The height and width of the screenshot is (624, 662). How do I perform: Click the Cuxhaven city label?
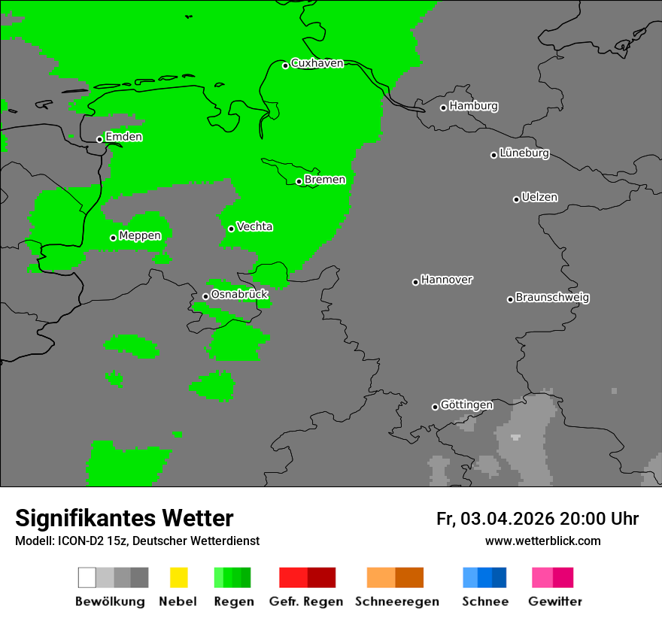(317, 63)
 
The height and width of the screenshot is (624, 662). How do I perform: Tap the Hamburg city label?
(473, 106)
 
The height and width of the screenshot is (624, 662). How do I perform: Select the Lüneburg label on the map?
(524, 153)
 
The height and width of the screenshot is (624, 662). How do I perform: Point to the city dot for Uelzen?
(516, 199)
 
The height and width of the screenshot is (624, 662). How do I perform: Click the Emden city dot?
(99, 139)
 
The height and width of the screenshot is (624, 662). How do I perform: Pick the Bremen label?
(325, 180)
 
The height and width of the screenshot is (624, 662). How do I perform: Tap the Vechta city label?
(254, 226)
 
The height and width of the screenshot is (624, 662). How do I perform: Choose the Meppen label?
(140, 236)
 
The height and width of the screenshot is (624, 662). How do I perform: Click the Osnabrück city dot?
(205, 296)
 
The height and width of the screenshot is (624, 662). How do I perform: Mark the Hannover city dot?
(415, 282)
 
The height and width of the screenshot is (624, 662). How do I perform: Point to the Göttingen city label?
(466, 405)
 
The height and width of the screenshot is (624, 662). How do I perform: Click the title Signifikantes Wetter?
(124, 518)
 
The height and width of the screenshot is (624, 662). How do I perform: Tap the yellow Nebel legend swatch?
(178, 577)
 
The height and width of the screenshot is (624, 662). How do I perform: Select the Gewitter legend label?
(555, 601)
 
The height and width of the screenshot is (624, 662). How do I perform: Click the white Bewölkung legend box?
(87, 577)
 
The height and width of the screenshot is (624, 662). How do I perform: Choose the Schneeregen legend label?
(397, 601)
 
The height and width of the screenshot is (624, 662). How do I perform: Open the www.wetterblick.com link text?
(542, 541)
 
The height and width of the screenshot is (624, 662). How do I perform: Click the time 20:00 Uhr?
(599, 519)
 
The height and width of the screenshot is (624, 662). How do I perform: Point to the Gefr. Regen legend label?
(306, 601)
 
